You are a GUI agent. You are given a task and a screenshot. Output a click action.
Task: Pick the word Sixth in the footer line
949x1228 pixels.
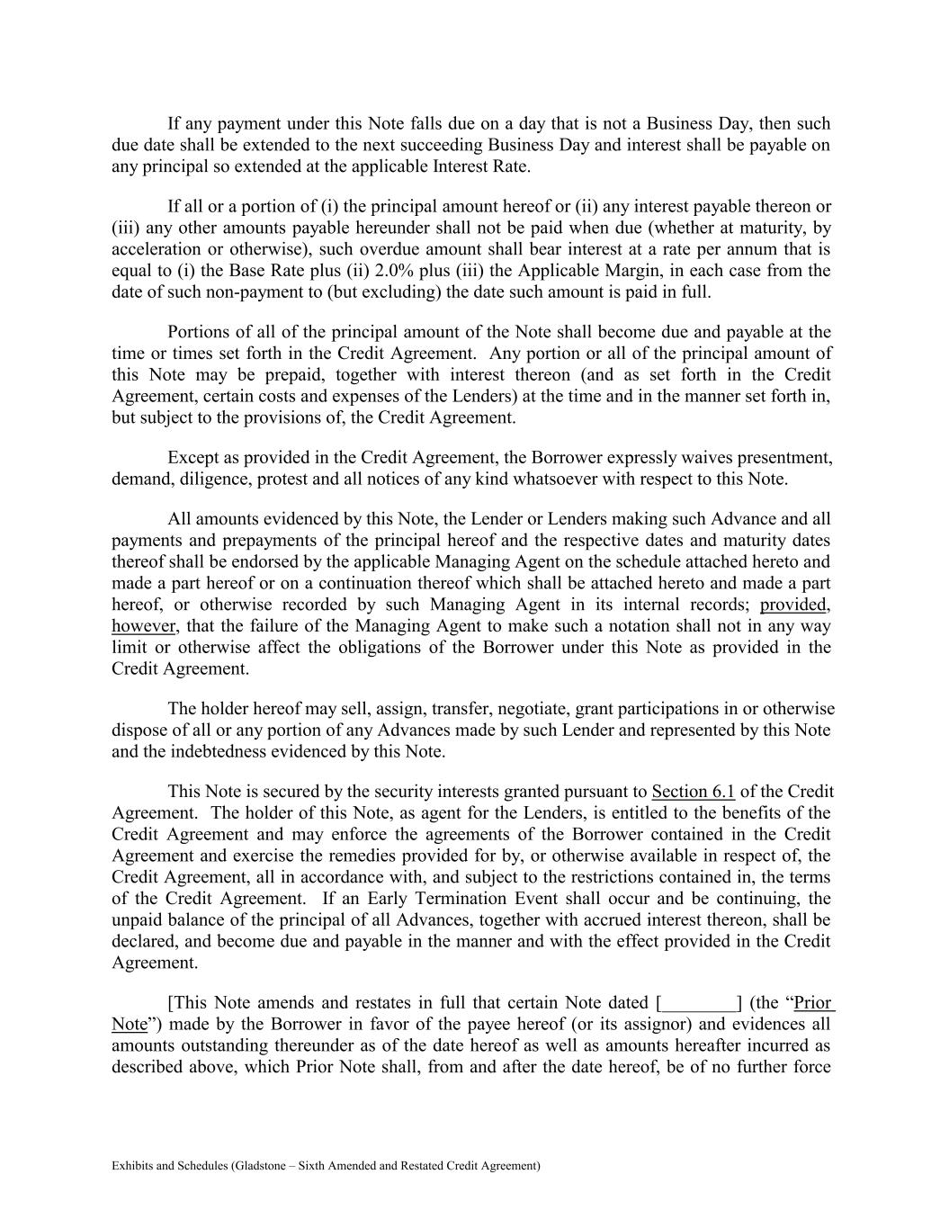pos(320,1166)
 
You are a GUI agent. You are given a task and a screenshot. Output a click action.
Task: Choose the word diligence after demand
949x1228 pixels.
pos(214,480)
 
